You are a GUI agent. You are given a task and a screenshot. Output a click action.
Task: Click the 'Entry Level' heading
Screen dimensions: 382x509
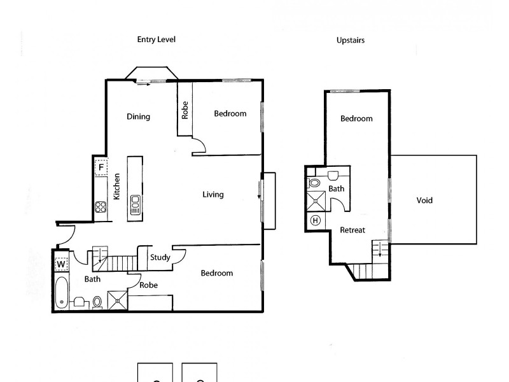(156, 39)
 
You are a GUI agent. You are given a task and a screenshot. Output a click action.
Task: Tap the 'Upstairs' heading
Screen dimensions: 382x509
(350, 40)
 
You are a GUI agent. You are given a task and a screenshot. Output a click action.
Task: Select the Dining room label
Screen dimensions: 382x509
(138, 117)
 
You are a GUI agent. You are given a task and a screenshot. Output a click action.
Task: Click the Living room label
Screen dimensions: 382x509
(213, 195)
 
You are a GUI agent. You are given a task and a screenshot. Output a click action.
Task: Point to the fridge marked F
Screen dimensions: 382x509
(100, 168)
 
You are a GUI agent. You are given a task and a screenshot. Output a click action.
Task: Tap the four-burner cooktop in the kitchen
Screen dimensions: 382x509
(100, 206)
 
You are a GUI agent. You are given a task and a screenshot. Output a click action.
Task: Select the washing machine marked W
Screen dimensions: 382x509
(61, 264)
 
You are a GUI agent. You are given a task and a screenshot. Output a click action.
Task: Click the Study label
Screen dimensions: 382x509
(160, 258)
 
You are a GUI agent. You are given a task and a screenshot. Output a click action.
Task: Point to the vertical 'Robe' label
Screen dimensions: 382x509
(185, 111)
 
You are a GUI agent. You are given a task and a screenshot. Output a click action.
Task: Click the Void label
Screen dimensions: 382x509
(424, 201)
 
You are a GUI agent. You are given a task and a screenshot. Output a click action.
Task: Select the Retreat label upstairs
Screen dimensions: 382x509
(352, 230)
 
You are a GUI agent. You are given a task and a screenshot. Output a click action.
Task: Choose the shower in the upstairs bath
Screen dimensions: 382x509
(316, 202)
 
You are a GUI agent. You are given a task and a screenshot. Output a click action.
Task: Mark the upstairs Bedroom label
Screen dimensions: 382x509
(356, 118)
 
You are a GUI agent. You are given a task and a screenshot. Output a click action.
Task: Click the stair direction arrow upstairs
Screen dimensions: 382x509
(380, 249)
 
